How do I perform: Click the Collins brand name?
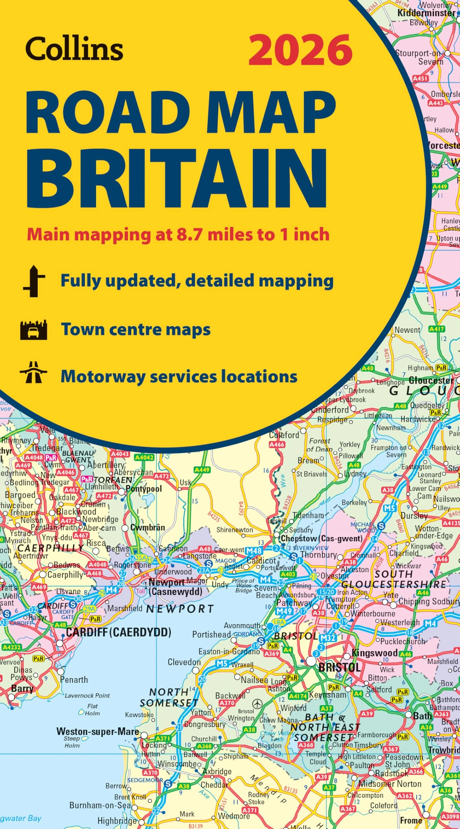point(74,49)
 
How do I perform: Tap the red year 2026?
point(300,50)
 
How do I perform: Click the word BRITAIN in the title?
point(176,178)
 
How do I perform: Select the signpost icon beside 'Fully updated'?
point(34,281)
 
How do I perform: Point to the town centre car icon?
point(34,330)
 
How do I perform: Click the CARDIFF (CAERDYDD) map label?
point(118,632)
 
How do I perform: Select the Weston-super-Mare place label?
point(97,731)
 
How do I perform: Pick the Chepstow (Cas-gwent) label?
point(321,539)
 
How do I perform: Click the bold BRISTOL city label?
point(339,667)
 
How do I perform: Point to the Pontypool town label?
point(143,489)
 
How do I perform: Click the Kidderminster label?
point(426,13)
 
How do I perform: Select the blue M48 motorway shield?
point(254,551)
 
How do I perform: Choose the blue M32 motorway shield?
point(328,638)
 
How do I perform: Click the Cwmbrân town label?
point(148,528)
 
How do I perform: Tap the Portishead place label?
point(211,634)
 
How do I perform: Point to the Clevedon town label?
point(184,662)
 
